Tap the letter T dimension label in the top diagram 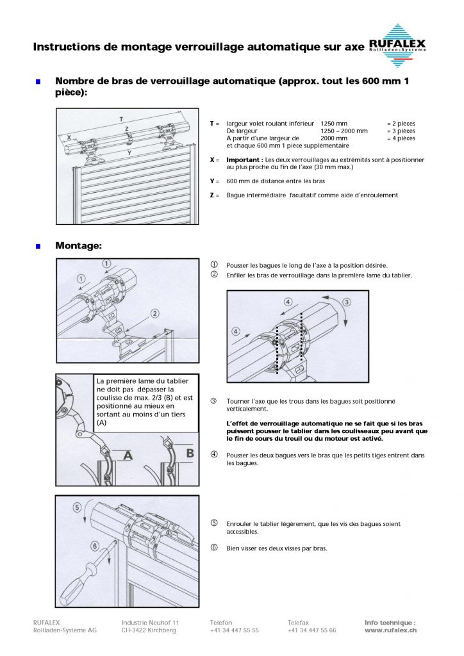click(121, 119)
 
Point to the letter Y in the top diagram click(129, 152)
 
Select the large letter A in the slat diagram click(128, 455)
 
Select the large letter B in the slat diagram click(190, 454)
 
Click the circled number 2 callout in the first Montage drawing click(154, 313)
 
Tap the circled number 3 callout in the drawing click(347, 301)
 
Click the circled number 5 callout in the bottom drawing click(77, 507)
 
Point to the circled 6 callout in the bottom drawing click(95, 546)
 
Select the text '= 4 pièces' click(401, 138)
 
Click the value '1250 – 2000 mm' click(344, 131)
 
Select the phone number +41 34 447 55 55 click(235, 630)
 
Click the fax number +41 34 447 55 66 click(311, 630)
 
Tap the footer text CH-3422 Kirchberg click(149, 630)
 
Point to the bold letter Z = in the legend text click(214, 195)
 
